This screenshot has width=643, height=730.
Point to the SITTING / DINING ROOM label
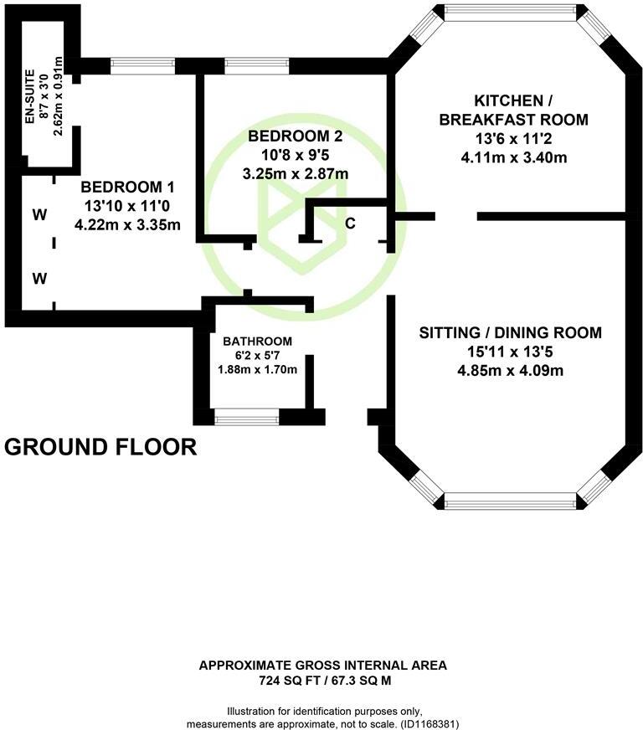pyautogui.click(x=510, y=332)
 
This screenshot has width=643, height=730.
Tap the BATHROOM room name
pyautogui.click(x=257, y=341)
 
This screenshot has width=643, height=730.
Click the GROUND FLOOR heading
pyautogui.click(x=100, y=447)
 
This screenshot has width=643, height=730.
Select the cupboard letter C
pyautogui.click(x=351, y=224)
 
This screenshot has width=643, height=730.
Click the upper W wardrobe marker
pyautogui.click(x=39, y=215)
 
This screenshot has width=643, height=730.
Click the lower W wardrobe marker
pyautogui.click(x=39, y=279)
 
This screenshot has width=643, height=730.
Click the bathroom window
pyautogui.click(x=247, y=416)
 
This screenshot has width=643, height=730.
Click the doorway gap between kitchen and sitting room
pyautogui.click(x=456, y=216)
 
